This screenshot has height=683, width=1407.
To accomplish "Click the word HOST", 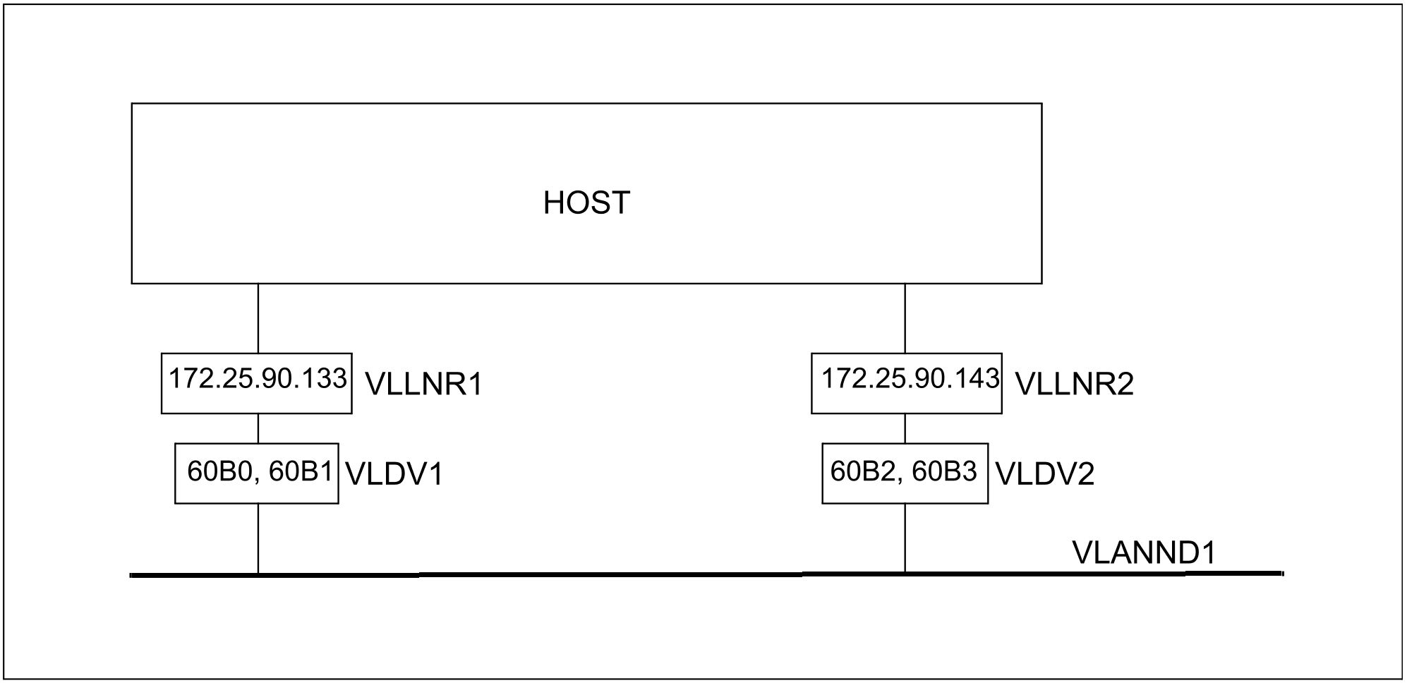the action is pyautogui.click(x=586, y=203).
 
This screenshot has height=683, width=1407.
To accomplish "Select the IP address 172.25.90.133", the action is pyautogui.click(x=258, y=379).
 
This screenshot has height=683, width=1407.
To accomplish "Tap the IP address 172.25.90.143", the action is pyautogui.click(x=910, y=379).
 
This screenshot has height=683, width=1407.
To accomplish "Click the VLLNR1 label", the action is pyautogui.click(x=423, y=385).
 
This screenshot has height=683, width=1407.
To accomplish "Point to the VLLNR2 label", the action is pyautogui.click(x=1074, y=385).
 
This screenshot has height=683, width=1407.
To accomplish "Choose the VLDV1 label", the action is pyautogui.click(x=394, y=474).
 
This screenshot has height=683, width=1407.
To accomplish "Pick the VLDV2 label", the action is pyautogui.click(x=1045, y=474).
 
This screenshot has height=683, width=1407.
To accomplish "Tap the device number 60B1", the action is pyautogui.click(x=300, y=472).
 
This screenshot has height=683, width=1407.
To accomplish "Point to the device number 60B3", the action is pyautogui.click(x=944, y=471).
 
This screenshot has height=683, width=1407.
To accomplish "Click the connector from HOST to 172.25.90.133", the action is pyautogui.click(x=258, y=318).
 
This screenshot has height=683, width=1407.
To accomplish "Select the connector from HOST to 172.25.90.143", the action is pyautogui.click(x=905, y=318).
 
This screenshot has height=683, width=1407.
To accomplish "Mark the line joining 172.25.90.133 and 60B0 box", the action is pyautogui.click(x=258, y=428).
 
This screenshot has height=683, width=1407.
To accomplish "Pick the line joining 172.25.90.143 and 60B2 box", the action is pyautogui.click(x=905, y=428).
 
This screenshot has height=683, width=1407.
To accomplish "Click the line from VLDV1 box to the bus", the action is pyautogui.click(x=258, y=538).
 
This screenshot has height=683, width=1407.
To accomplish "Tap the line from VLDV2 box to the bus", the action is pyautogui.click(x=905, y=538).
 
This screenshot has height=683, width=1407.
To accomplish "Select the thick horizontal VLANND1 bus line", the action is pyautogui.click(x=706, y=574).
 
